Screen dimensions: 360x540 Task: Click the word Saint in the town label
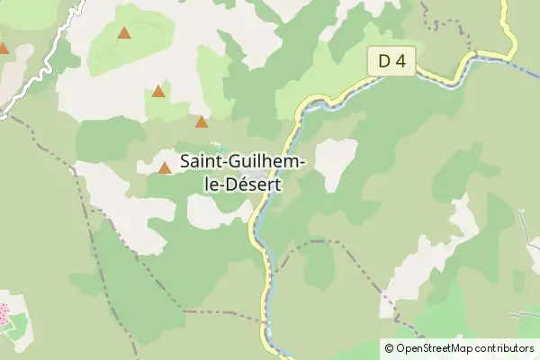click(x=202, y=162)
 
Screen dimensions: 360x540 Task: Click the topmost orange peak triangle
click(x=124, y=34)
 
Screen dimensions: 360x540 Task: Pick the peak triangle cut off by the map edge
click(x=3, y=49)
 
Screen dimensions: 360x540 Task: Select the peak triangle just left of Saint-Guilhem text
click(x=165, y=167)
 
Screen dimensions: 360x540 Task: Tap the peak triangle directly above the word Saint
click(x=202, y=122)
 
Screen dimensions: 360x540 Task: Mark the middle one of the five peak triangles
click(x=158, y=91)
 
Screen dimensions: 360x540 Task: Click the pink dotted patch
click(x=4, y=315)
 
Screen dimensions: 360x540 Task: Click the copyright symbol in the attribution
click(x=389, y=347)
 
